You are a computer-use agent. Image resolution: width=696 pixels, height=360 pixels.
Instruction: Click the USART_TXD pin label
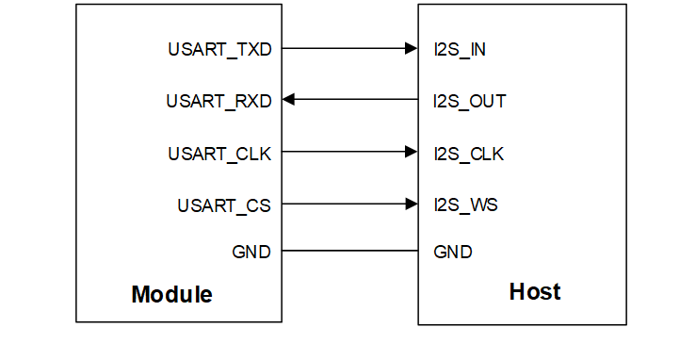219,49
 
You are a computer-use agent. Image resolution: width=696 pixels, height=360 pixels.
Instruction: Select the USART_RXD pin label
219,100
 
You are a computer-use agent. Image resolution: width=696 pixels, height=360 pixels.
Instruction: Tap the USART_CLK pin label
219,153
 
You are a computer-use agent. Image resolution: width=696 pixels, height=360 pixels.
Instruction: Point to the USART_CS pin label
224,205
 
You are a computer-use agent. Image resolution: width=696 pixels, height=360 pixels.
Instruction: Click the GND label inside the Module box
251,252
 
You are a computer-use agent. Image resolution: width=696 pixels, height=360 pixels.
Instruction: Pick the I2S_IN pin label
460,49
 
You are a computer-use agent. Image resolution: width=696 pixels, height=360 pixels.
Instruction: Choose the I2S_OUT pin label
469,100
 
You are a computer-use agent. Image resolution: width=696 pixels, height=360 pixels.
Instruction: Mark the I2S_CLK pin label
468,153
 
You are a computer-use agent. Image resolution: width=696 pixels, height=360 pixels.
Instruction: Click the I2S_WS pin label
464,205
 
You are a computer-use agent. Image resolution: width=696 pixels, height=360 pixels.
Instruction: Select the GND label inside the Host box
453,252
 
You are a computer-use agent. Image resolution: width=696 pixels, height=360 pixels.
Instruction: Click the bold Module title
171,294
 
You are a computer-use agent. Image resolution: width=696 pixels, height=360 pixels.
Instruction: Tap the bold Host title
534,291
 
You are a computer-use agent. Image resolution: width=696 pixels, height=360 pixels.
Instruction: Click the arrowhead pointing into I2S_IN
411,48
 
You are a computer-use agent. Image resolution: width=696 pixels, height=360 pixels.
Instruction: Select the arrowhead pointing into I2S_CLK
411,152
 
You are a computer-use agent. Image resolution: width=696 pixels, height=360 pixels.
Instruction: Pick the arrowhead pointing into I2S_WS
411,204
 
